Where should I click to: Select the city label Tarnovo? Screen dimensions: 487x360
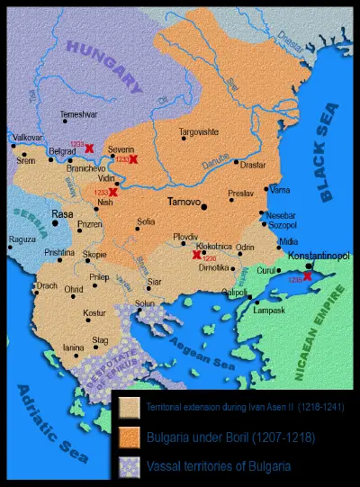click(185, 203)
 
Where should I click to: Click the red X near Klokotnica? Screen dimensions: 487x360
click(197, 256)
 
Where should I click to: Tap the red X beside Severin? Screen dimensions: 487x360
click(133, 159)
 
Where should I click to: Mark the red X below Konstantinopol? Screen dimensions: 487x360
click(308, 276)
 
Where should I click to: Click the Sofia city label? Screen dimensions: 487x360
click(145, 220)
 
